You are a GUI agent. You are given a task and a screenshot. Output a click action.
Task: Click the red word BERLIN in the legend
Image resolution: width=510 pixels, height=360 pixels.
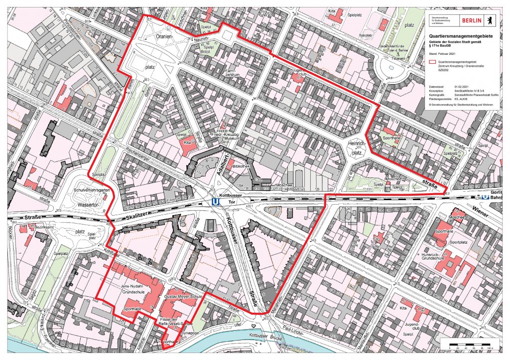(472, 20)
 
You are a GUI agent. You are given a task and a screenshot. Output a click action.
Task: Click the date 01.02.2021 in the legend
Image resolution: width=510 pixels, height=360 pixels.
(462, 87)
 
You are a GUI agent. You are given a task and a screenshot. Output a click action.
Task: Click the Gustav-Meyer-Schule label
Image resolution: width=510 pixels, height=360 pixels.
(182, 296)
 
